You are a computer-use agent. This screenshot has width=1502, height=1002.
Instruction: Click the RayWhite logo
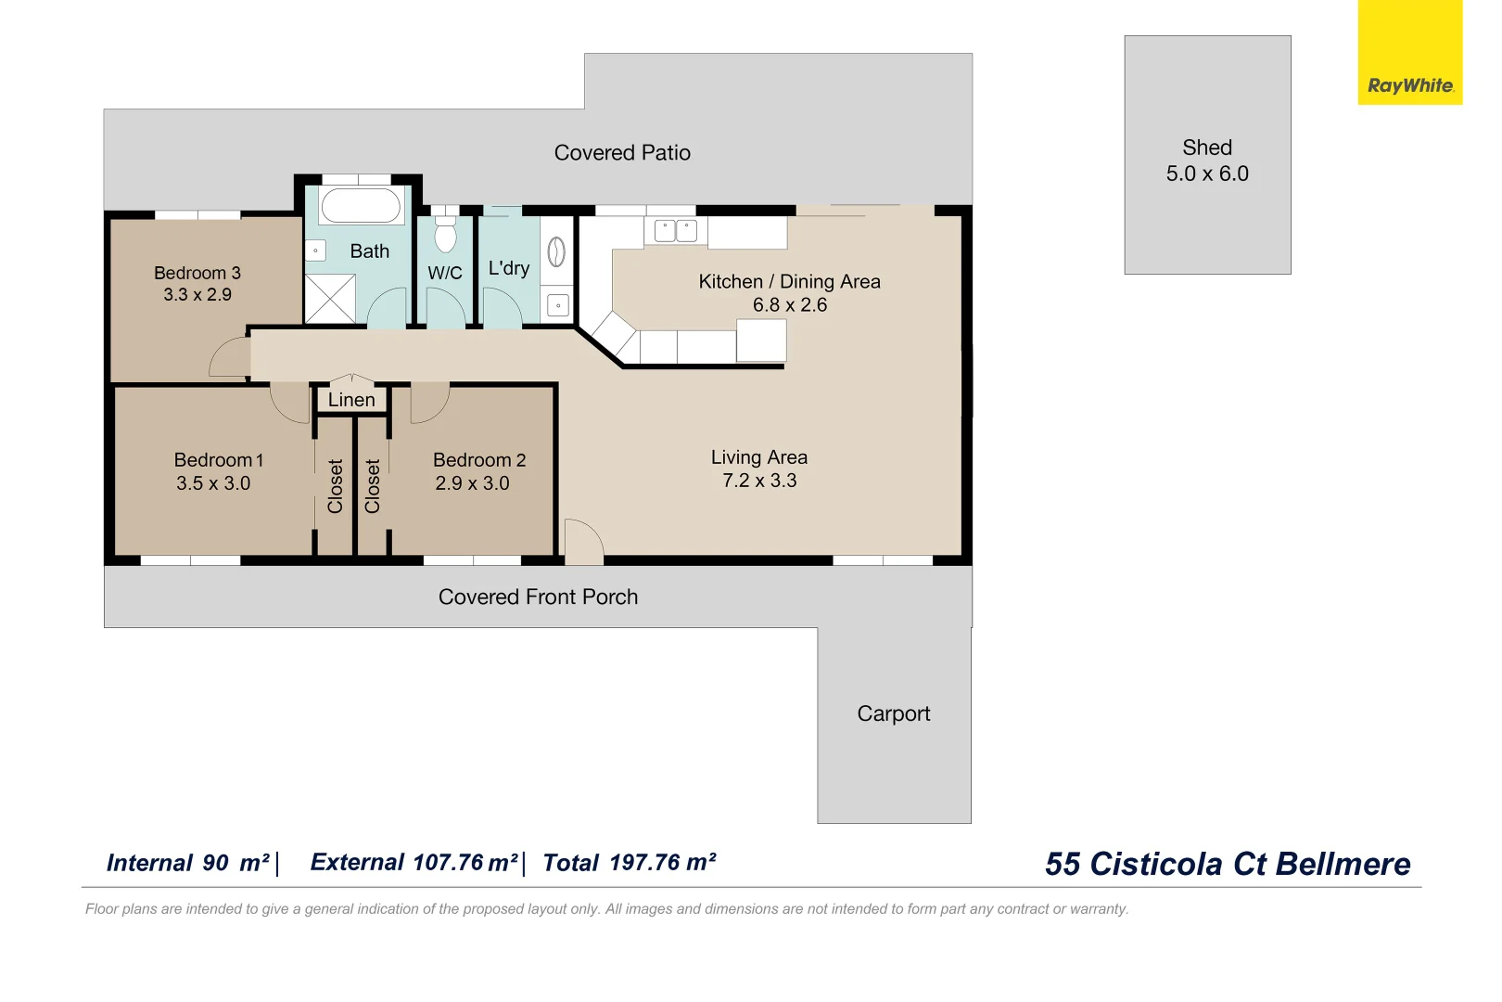[x=1409, y=84]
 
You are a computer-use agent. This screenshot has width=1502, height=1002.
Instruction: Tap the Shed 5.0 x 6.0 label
[x=1207, y=161]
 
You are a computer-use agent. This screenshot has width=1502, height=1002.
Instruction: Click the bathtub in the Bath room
[x=361, y=205]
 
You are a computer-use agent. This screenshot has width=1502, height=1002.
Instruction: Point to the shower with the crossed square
[x=330, y=298]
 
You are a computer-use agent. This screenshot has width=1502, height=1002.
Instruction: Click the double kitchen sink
[x=676, y=230]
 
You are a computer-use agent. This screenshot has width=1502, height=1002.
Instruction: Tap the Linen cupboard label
[x=351, y=400]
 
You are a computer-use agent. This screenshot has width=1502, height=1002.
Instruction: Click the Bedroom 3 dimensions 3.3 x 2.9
[x=197, y=295]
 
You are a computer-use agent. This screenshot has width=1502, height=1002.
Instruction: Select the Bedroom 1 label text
[x=219, y=460]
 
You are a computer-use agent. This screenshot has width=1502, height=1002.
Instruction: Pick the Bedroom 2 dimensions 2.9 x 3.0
[x=472, y=483]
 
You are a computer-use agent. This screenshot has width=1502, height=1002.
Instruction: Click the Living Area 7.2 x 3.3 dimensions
[x=759, y=481]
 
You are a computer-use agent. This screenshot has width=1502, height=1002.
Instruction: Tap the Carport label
[x=893, y=713]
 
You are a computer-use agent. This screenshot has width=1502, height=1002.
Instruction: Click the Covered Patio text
[x=622, y=153]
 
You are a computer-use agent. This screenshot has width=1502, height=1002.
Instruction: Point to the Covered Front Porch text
[x=538, y=597]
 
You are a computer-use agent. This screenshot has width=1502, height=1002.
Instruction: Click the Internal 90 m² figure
[x=188, y=863]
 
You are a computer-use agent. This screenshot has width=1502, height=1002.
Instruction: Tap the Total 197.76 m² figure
[x=629, y=863]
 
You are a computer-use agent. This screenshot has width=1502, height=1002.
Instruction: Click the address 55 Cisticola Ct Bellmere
[x=1227, y=864]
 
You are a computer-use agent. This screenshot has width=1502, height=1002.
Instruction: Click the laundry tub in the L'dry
[x=557, y=251]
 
